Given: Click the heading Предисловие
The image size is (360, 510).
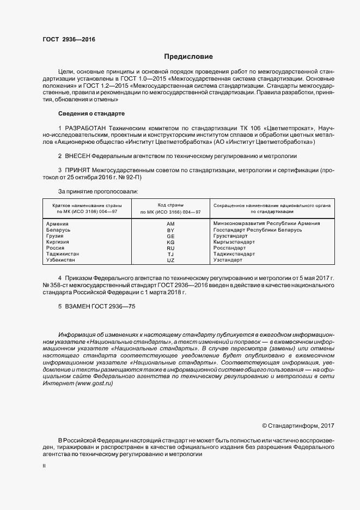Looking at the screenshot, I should (x=188, y=57).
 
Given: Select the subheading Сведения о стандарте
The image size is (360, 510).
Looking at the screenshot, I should (x=91, y=113).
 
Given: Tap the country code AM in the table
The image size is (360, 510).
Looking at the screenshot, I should (x=170, y=223).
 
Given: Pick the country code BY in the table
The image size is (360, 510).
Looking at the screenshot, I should (x=170, y=230).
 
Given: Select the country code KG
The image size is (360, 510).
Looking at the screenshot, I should (x=170, y=242).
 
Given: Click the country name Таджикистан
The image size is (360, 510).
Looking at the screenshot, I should (x=63, y=254).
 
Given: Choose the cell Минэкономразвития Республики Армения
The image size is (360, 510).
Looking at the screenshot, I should (x=267, y=223).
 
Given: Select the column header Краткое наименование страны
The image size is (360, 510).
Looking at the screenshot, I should (x=87, y=205).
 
